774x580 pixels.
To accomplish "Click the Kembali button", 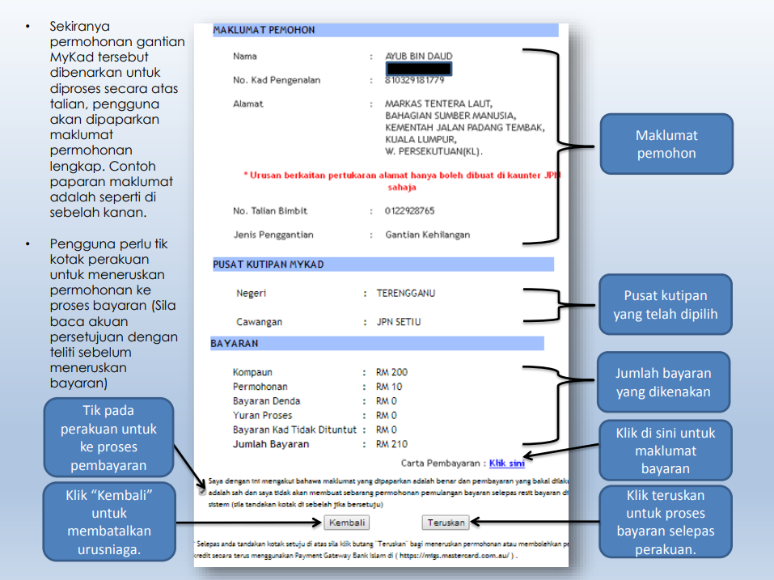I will pyautogui.click(x=349, y=523).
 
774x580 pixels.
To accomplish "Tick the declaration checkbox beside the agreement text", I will pyautogui.click(x=201, y=491).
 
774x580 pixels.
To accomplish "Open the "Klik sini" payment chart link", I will pyautogui.click(x=507, y=464).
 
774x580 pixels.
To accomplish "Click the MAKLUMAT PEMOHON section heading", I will pyautogui.click(x=264, y=31).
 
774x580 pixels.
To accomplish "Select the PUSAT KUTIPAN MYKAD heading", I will pyautogui.click(x=268, y=265).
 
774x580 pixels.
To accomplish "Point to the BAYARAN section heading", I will pyautogui.click(x=235, y=344).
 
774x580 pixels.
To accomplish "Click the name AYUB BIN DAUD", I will pyautogui.click(x=418, y=57).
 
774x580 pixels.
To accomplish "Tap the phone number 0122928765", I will pyautogui.click(x=409, y=211).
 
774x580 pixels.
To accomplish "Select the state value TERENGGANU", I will pyautogui.click(x=405, y=293).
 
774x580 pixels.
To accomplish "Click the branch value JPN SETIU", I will pyautogui.click(x=399, y=322).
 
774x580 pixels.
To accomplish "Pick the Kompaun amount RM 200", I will pyautogui.click(x=391, y=373).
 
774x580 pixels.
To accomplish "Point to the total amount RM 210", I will pyautogui.click(x=391, y=444).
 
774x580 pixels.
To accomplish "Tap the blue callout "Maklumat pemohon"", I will pyautogui.click(x=666, y=144).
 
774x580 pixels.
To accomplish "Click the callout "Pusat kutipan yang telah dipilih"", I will pyautogui.click(x=665, y=305).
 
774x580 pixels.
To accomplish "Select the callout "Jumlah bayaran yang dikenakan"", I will pyautogui.click(x=663, y=383).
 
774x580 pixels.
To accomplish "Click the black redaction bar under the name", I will pyautogui.click(x=419, y=69).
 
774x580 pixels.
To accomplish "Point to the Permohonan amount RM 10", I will pyautogui.click(x=389, y=387).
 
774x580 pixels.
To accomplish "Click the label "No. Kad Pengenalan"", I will pyautogui.click(x=277, y=80).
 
